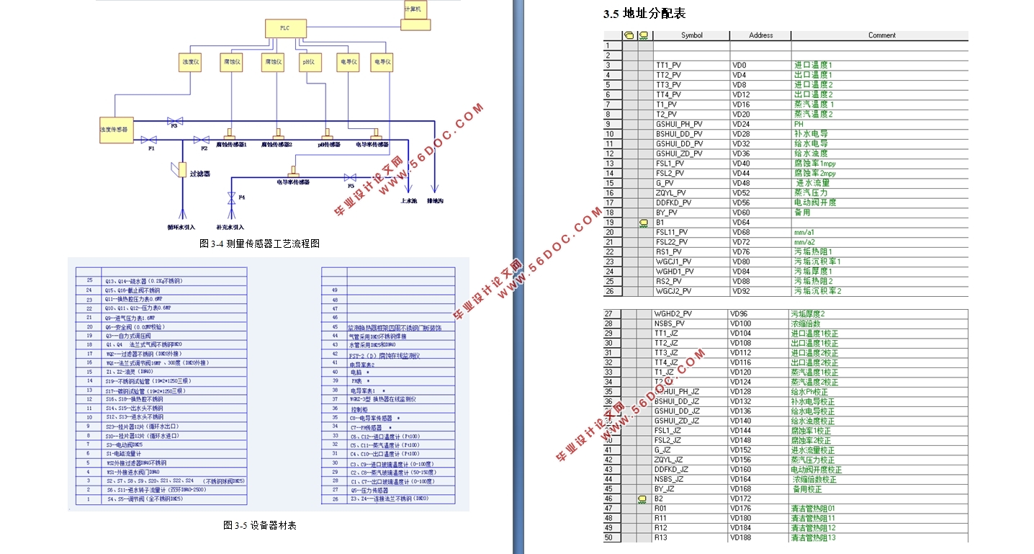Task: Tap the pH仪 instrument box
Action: point(308,63)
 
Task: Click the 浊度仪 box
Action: point(190,63)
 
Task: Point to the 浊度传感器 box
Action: point(114,129)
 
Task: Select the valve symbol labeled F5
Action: point(351,177)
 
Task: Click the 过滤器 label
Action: point(199,174)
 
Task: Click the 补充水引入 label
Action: point(230,226)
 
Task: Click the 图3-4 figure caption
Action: point(259,244)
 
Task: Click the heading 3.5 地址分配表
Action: point(644,14)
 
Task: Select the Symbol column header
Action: point(691,35)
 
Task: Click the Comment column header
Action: point(881,35)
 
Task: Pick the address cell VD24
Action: point(741,124)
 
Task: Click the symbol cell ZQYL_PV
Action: point(670,192)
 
